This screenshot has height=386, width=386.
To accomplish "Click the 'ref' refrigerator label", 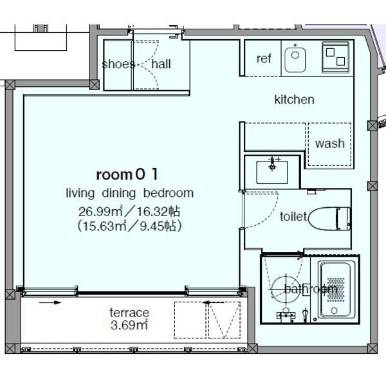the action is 264,59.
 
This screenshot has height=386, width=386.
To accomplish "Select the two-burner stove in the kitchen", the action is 336,57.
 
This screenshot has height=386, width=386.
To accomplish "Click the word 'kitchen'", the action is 294,100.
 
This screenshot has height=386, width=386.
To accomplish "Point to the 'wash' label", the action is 329,143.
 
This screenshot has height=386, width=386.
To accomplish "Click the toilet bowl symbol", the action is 329,219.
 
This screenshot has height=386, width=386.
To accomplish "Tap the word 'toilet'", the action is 293,217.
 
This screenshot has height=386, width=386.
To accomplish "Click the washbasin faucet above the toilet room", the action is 272,163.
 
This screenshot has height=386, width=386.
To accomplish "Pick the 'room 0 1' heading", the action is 127,174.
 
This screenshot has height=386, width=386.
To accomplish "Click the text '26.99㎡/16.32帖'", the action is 129,211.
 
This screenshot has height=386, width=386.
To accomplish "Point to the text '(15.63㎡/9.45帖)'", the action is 129,226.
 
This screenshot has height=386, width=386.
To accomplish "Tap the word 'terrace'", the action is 129,313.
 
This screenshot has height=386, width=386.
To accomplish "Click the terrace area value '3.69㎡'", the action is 129,325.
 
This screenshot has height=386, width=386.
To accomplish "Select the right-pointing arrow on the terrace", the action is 50,302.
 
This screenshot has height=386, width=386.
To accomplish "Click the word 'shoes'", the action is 118,64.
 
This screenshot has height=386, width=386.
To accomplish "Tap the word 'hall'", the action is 161,64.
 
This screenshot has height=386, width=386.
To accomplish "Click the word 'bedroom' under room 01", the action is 169,193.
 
